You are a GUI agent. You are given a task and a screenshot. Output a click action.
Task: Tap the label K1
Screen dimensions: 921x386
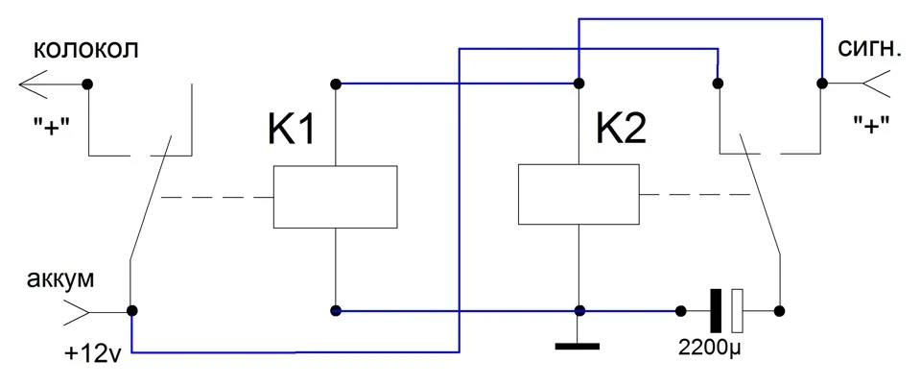pyautogui.click(x=292, y=130)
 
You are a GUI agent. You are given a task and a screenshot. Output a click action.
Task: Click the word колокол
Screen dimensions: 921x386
pyautogui.click(x=86, y=50)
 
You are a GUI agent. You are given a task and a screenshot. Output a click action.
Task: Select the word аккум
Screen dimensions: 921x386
pyautogui.click(x=59, y=280)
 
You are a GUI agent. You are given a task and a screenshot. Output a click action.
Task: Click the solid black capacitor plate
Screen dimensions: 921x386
pyautogui.click(x=716, y=310)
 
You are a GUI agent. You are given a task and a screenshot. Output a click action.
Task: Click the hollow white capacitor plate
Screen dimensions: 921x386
pyautogui.click(x=737, y=310)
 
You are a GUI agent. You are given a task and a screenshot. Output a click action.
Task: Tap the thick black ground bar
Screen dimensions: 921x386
pyautogui.click(x=578, y=346)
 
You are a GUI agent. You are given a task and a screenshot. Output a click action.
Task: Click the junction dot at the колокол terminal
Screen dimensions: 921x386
pyautogui.click(x=87, y=84)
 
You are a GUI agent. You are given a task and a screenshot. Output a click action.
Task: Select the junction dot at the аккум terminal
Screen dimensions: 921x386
pyautogui.click(x=132, y=310)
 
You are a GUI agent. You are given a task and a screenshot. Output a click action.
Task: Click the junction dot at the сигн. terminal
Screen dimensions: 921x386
pyautogui.click(x=822, y=84)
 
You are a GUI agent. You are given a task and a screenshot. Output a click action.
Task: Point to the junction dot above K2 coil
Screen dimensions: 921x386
pyautogui.click(x=579, y=84)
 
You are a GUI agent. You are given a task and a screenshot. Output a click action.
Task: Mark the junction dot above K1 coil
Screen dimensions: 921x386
pyautogui.click(x=336, y=84)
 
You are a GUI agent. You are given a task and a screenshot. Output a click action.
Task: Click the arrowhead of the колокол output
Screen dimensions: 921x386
pyautogui.click(x=33, y=84)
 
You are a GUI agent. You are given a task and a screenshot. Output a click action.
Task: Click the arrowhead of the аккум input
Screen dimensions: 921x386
pyautogui.click(x=76, y=312)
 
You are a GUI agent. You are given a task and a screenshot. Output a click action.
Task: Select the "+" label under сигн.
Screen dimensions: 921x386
pyautogui.click(x=871, y=125)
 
